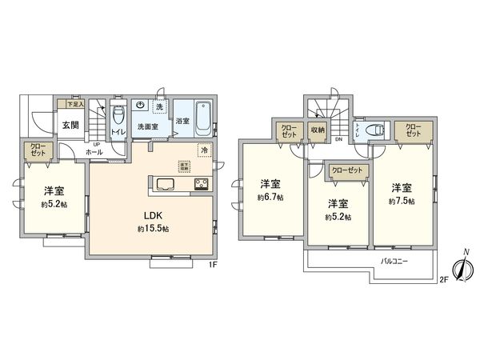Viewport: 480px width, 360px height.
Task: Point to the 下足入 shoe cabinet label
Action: (x=74, y=104)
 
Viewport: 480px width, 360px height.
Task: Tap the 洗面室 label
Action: (x=150, y=126)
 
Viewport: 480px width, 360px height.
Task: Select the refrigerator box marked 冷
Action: (x=204, y=150)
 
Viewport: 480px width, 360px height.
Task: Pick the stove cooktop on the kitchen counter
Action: (x=199, y=185)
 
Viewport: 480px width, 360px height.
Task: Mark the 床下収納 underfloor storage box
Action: (x=183, y=166)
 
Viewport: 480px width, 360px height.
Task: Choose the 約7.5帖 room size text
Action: (x=403, y=200)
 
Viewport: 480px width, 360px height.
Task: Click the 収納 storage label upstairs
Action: (x=318, y=128)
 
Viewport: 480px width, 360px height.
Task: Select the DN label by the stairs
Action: (x=338, y=140)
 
